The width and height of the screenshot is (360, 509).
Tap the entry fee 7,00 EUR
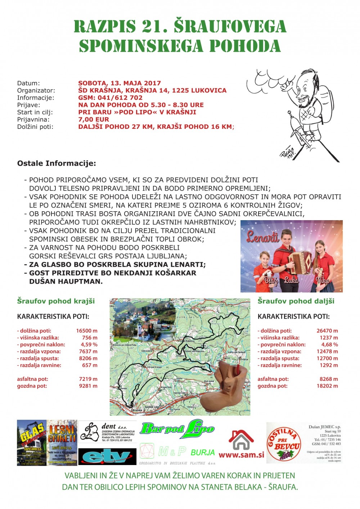[94, 119]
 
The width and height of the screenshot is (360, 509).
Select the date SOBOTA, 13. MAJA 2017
[120, 83]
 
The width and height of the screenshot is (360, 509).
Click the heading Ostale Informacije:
[57, 163]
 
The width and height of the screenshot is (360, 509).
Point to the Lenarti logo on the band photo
[262, 236]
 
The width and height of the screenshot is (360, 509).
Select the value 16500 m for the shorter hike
[87, 331]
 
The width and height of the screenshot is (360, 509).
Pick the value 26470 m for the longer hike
[327, 331]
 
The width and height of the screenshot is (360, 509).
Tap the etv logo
[107, 456]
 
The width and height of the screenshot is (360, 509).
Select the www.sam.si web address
[241, 455]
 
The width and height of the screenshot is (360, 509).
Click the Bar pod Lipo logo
[177, 429]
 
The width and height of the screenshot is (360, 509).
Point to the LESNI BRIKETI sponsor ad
[62, 442]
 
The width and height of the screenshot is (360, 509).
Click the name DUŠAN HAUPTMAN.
[66, 281]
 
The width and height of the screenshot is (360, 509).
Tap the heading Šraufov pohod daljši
[296, 301]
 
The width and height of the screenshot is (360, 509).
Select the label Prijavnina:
[33, 119]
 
